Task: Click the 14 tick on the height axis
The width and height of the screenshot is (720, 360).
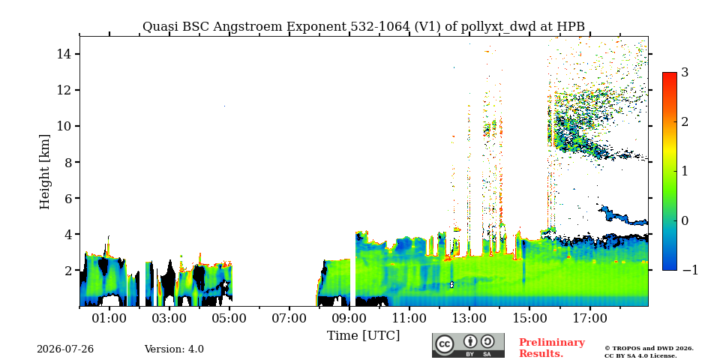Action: click(63, 54)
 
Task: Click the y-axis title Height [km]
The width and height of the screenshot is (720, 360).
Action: click(44, 172)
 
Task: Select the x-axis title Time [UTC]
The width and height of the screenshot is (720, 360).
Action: click(363, 336)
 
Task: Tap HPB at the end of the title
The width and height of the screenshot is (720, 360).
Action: click(571, 27)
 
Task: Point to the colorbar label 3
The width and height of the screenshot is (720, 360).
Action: click(685, 72)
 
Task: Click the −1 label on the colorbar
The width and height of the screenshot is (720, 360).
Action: click(690, 270)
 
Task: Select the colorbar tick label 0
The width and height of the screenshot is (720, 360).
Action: click(685, 220)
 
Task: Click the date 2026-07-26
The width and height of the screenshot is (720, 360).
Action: click(65, 349)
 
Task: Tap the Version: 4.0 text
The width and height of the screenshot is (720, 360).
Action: click(174, 349)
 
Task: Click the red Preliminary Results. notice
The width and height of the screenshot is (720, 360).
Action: click(552, 348)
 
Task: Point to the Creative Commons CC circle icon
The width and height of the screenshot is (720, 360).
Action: click(445, 345)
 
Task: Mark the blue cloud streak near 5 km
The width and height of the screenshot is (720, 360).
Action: click(623, 216)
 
